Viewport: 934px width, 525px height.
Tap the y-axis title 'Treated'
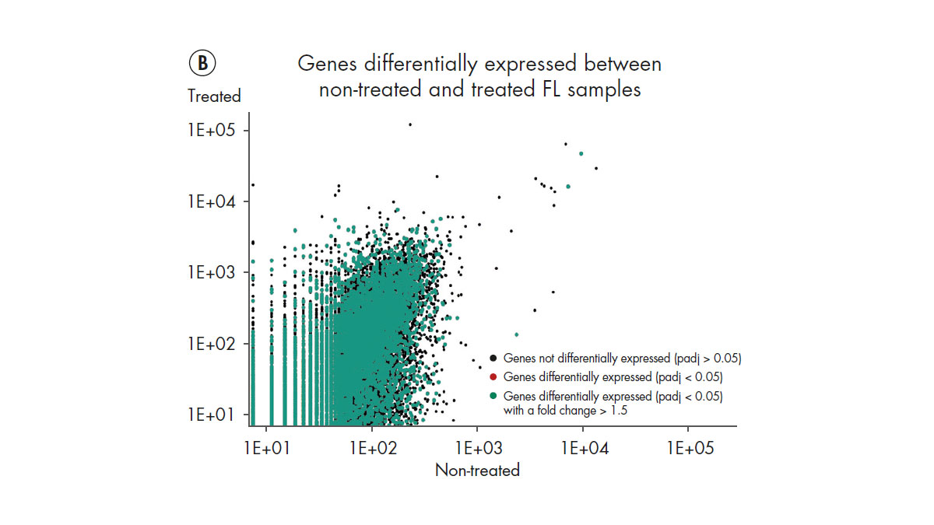coord(214,96)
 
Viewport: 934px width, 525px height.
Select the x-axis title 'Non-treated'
coord(477,470)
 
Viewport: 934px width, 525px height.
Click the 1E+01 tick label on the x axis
coord(266,449)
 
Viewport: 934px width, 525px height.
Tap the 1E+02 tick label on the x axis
coord(372,449)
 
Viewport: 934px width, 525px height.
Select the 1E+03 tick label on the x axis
coord(477,449)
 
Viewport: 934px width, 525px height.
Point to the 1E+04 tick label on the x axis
coord(582,449)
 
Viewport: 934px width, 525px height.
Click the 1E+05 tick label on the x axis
coord(687,449)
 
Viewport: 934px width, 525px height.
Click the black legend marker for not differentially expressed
coord(493,359)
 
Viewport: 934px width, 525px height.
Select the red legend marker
coord(493,377)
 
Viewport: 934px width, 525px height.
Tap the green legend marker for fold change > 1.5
coord(493,397)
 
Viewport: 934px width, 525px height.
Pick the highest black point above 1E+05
coord(410,124)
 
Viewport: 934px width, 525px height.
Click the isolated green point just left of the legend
coord(516,334)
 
